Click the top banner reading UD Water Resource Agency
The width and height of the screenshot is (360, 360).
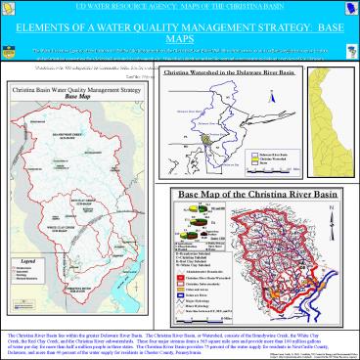pos(180,7)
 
